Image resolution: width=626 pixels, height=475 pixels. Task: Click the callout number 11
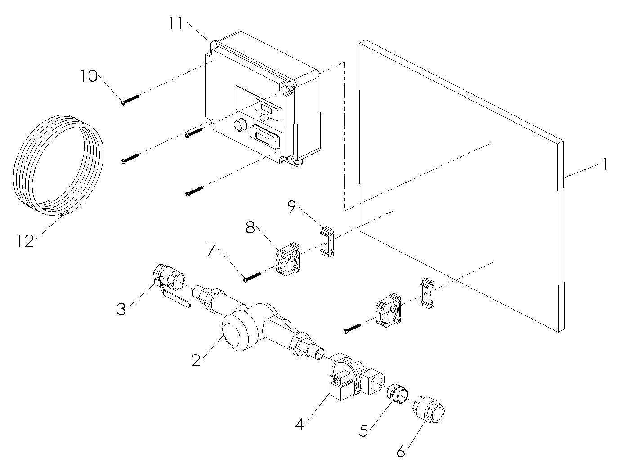(x=176, y=23)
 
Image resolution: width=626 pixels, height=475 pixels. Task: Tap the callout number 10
(x=89, y=76)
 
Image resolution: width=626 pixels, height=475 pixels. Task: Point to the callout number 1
(x=605, y=165)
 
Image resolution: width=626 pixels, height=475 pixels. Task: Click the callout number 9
(x=292, y=207)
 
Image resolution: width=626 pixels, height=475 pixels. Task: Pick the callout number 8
(x=250, y=227)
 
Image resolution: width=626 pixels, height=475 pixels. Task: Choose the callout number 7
(x=214, y=250)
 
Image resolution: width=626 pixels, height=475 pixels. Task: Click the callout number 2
(x=195, y=360)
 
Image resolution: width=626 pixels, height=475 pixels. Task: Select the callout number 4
(x=300, y=424)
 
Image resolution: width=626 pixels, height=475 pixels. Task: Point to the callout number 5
(x=363, y=430)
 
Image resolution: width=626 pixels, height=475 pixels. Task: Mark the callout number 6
(x=401, y=451)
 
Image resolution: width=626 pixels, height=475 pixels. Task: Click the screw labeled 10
(x=130, y=100)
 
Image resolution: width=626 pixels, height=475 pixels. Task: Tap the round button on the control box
(x=238, y=124)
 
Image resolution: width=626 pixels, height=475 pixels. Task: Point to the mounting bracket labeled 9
(x=326, y=243)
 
